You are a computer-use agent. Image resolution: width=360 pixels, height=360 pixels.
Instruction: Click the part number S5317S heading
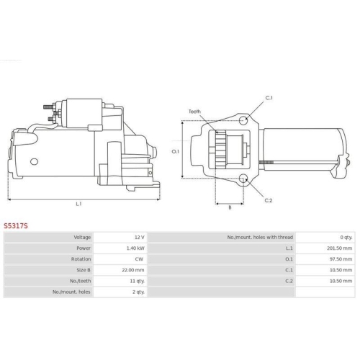click(x=16, y=226)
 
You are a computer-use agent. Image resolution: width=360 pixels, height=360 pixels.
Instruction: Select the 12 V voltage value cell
click(x=140, y=238)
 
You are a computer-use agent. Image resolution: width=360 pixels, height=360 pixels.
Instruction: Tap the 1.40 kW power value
click(x=135, y=248)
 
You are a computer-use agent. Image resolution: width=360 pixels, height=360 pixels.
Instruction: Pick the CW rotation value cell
click(x=139, y=259)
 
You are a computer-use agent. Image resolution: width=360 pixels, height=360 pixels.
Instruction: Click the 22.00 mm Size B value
click(x=133, y=270)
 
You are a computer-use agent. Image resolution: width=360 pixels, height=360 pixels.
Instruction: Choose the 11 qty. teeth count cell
click(x=138, y=281)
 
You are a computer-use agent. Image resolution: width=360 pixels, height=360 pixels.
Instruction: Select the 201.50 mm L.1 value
click(x=340, y=248)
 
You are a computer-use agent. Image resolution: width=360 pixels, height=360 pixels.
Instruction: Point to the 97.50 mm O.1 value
click(x=341, y=259)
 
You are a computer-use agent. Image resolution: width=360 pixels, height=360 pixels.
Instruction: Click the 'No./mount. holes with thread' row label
click(x=260, y=238)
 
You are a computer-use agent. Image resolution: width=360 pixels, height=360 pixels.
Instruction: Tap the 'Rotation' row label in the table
click(x=81, y=259)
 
